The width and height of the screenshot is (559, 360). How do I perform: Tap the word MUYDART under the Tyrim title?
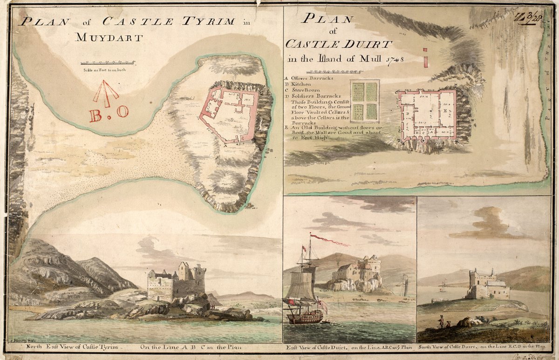point(109,38)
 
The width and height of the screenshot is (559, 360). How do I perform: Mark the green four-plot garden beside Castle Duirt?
point(364,101)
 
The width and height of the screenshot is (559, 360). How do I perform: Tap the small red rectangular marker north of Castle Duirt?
point(425,61)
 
